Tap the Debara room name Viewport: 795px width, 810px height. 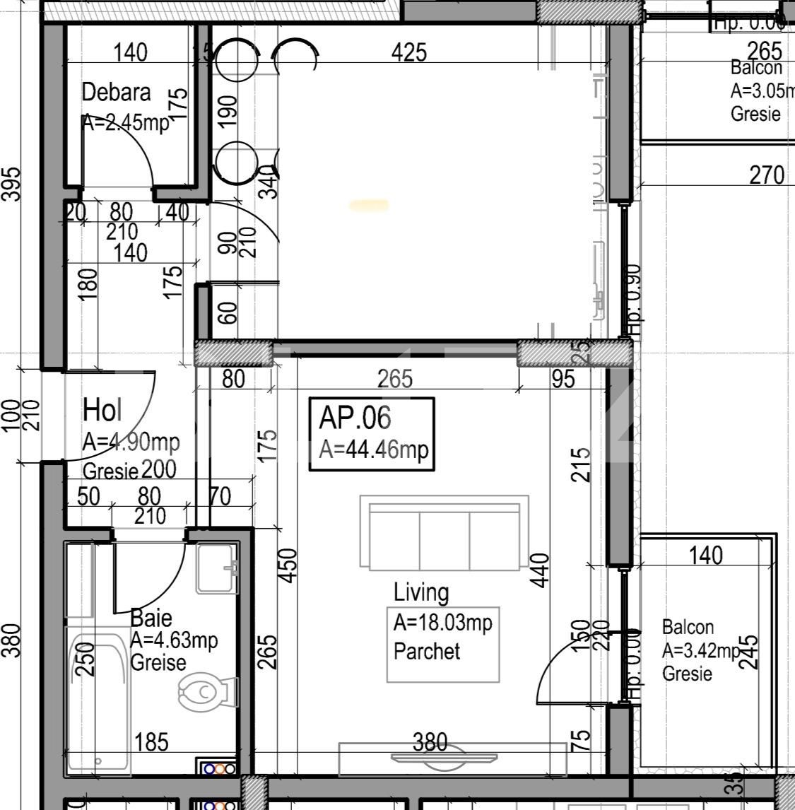pos(116,93)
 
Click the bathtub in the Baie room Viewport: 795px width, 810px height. pos(98,703)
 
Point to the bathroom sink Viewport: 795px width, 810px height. pos(218,568)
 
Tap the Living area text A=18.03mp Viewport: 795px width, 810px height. pos(442,623)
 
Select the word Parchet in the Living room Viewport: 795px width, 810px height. pos(426,651)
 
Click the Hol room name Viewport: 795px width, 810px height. pos(102,410)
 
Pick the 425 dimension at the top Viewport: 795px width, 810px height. pos(409,52)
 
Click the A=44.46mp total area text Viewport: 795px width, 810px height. pos(373,450)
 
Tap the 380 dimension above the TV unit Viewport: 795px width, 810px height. pos(430,741)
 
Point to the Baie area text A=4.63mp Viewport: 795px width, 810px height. pos(174,640)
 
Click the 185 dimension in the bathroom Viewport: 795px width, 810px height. pos(151,742)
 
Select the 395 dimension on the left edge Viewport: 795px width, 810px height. pos(13,184)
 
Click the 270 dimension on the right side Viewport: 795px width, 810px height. pos(767,174)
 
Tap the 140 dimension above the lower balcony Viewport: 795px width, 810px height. pos(705,556)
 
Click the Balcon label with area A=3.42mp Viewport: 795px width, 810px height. pos(688,627)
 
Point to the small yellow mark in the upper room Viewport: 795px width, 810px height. pos(369,206)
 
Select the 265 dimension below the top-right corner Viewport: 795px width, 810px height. pos(764,51)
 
